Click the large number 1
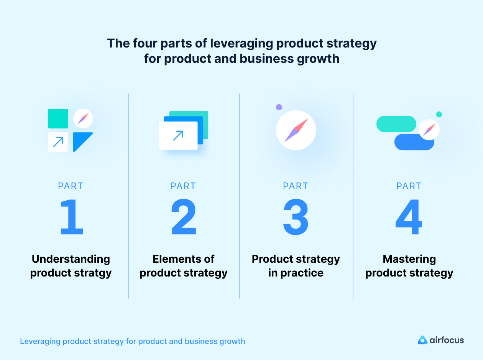pyautogui.click(x=72, y=217)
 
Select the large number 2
pyautogui.click(x=184, y=217)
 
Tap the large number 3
pyautogui.click(x=296, y=217)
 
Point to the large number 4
pyautogui.click(x=409, y=217)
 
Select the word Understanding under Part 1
pyautogui.click(x=71, y=259)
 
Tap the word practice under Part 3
pyautogui.click(x=301, y=273)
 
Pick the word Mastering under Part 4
pyautogui.click(x=409, y=259)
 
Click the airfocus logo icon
pyautogui.click(x=422, y=340)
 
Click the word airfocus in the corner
pyautogui.click(x=447, y=340)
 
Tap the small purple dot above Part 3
pyautogui.click(x=279, y=107)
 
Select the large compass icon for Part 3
pyautogui.click(x=296, y=130)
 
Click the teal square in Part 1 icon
pyautogui.click(x=58, y=118)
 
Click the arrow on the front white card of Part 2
pyautogui.click(x=178, y=135)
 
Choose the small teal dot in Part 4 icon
pyautogui.click(x=439, y=114)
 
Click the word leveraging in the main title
pyautogui.click(x=242, y=43)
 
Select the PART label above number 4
pyautogui.click(x=409, y=186)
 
